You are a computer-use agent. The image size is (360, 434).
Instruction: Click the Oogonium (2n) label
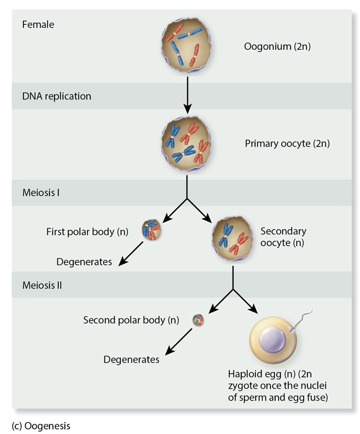point(277,47)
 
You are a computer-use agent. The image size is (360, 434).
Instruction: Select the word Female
point(38,25)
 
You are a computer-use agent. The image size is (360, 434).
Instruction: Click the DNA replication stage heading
point(57,96)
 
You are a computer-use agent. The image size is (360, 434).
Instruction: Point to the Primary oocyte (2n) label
point(287,143)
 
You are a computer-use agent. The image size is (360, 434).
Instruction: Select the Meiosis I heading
point(41,193)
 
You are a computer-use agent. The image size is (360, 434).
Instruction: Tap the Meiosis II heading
point(42,285)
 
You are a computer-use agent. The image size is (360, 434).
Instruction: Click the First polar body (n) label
point(87,232)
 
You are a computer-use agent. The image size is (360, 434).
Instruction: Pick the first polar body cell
point(151,230)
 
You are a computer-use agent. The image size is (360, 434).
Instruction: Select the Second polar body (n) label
point(131,320)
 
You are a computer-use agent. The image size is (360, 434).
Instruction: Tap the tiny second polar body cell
point(198,319)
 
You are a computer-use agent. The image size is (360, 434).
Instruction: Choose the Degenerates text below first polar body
point(84,262)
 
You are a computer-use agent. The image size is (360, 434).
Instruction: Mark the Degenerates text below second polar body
point(131,360)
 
